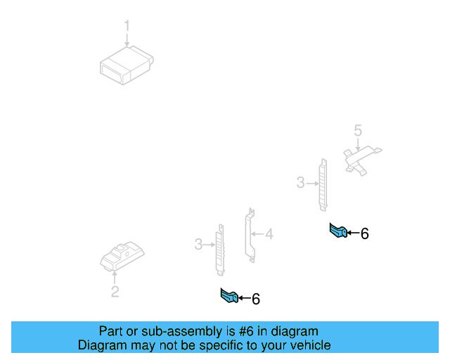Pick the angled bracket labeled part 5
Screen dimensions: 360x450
point(359,159)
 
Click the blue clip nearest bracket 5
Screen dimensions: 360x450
point(337,231)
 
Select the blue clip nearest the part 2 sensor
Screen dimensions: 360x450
point(229,297)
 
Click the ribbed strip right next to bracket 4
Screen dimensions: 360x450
point(220,249)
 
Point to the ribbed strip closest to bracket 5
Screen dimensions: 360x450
point(323,184)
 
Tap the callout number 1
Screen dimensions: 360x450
point(127,26)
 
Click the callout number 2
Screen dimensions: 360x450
point(115,292)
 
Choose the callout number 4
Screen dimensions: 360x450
point(269,234)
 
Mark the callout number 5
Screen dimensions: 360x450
point(357,130)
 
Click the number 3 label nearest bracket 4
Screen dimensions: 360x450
point(198,244)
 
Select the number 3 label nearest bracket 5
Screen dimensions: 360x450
point(300,183)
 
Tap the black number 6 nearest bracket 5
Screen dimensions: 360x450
point(364,234)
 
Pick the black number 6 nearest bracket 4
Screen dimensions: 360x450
point(256,300)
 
